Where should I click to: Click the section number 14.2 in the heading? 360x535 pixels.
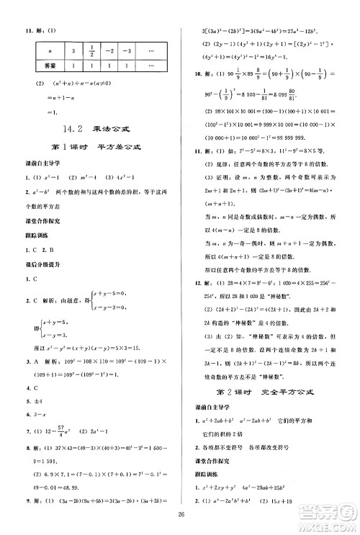pos(74,130)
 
